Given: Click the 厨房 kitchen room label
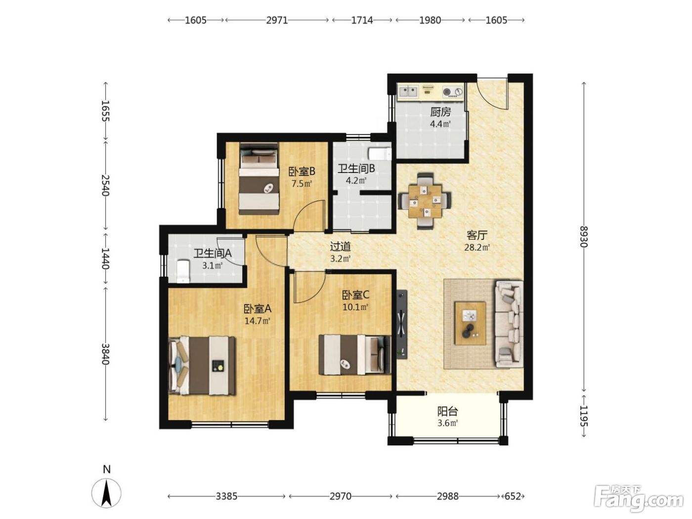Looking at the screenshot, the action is (440, 112).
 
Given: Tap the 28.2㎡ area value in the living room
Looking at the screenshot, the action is (476, 247).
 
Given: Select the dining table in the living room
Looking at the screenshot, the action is (425, 201).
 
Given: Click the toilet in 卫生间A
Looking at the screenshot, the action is (183, 271).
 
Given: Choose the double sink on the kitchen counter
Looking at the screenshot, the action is (408, 92).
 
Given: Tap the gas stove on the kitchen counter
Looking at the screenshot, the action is (453, 92).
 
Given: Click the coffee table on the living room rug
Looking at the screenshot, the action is (470, 323).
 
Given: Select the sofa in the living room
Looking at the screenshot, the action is (508, 324).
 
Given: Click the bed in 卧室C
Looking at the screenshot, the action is (355, 355).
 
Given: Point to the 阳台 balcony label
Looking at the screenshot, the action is (447, 411).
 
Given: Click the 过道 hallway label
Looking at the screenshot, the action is (341, 246).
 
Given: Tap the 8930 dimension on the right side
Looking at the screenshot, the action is (584, 237).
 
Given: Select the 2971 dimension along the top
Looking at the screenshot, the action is (277, 20).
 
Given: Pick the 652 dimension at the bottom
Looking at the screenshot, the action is (513, 496).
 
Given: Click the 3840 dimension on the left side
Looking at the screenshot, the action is (106, 354).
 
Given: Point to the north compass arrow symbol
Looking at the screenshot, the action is (107, 492).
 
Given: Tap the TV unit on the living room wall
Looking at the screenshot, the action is (401, 324).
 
